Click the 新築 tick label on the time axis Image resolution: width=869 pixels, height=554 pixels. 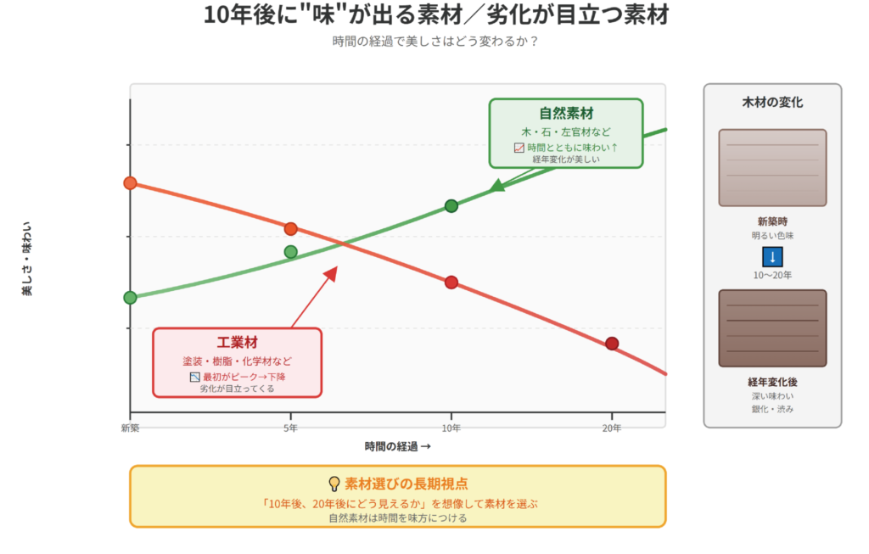tap(130, 428)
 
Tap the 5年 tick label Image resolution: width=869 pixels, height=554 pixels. tap(290, 428)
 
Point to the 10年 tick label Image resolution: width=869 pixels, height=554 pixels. tap(451, 428)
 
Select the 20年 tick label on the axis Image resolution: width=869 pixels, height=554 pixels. tap(612, 428)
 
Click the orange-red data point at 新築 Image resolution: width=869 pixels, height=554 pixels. tap(130, 183)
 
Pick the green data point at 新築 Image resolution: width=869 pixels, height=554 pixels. tap(130, 297)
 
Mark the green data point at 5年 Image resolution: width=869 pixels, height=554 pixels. tap(291, 251)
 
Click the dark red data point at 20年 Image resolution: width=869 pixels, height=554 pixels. tap(612, 344)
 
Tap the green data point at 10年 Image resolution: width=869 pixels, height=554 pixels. tap(451, 205)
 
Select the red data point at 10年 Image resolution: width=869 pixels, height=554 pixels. tap(451, 283)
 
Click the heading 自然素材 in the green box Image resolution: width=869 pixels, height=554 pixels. tap(566, 113)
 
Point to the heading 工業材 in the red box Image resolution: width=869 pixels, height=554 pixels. tap(237, 343)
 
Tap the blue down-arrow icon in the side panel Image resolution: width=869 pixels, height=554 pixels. tap(772, 257)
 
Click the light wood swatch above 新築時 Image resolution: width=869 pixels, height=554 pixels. tap(772, 167)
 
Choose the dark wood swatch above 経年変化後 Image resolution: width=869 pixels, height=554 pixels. tap(772, 327)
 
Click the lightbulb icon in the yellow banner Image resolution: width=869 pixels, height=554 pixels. tap(334, 484)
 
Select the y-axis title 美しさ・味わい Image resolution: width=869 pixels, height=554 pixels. tap(27, 258)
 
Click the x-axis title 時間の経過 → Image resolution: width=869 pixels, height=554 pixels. tap(397, 446)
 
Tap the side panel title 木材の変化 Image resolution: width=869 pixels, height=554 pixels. tap(772, 103)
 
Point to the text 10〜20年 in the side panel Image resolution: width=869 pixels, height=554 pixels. tap(772, 275)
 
